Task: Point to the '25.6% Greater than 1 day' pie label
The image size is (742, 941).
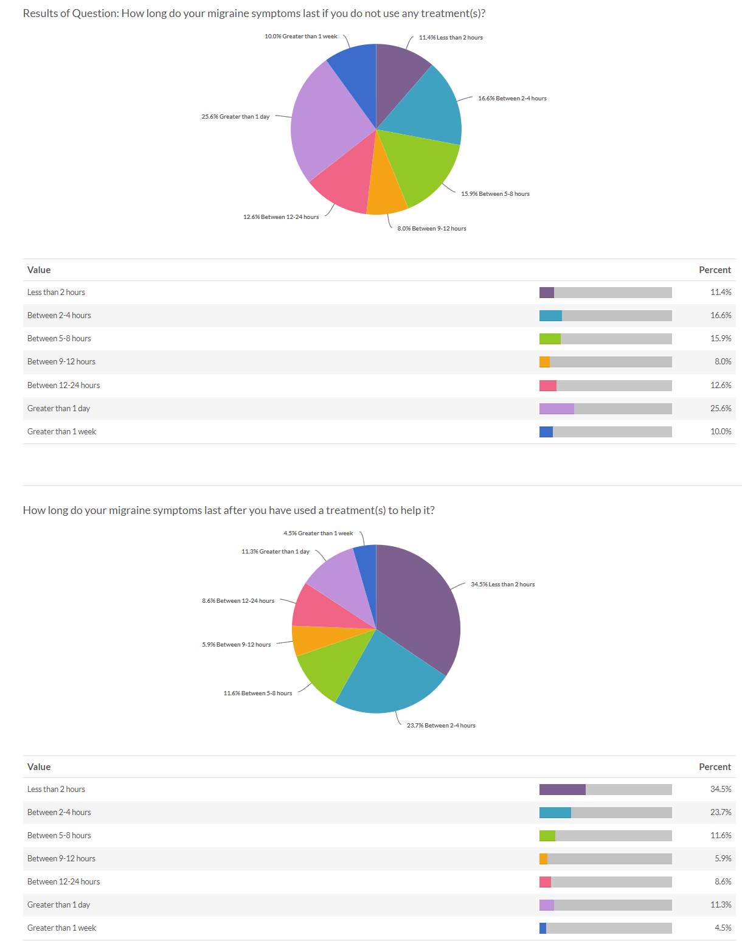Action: pos(235,117)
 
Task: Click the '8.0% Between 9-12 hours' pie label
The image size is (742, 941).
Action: pos(432,229)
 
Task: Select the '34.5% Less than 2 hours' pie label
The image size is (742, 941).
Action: pos(502,585)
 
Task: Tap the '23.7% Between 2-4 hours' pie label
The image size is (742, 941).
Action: pos(441,726)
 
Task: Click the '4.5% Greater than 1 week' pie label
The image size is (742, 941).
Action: pos(318,533)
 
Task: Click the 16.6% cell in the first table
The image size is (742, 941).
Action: pos(721,316)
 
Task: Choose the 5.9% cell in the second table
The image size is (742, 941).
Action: pos(723,858)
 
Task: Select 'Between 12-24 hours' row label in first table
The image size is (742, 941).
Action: pos(64,385)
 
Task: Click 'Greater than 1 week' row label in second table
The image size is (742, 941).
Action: pos(61,928)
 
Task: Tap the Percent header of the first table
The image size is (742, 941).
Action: pos(715,270)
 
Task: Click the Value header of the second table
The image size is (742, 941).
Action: pos(39,767)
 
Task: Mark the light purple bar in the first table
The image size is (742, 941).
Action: pos(556,409)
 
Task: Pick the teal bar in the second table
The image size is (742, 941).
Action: pos(555,813)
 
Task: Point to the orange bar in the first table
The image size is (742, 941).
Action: pos(544,362)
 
